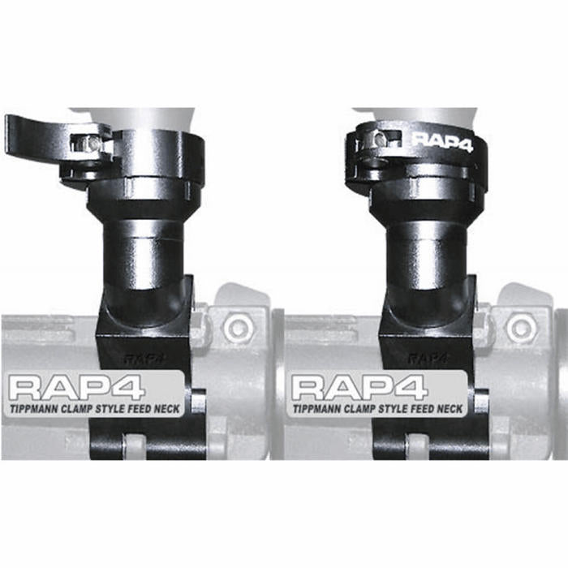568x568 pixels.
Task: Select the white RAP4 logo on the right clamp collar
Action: click(x=443, y=140)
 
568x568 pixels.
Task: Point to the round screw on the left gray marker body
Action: click(x=238, y=328)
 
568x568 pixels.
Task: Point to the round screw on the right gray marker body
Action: click(x=521, y=328)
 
